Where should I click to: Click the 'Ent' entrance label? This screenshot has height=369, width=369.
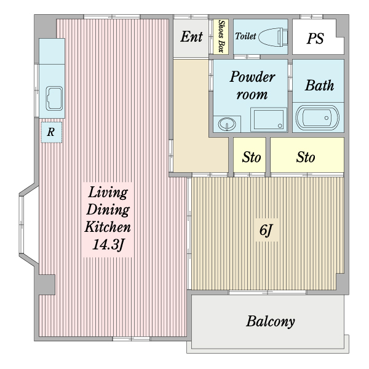[x=191, y=37]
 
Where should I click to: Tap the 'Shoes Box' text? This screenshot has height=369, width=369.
[x=221, y=36]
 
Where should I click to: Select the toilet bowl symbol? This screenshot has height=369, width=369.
[x=273, y=37]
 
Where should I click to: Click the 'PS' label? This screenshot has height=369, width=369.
[x=315, y=38]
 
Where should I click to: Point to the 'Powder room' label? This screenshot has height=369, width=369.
[x=252, y=85]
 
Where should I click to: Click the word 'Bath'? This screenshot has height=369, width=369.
[x=319, y=85]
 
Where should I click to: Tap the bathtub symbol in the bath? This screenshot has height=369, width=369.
[x=317, y=117]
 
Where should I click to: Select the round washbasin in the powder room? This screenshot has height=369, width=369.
[x=227, y=124]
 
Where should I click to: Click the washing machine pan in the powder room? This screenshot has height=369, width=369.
[x=269, y=119]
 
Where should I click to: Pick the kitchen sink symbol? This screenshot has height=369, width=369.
[x=54, y=98]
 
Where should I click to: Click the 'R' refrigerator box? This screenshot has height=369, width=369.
[x=52, y=132]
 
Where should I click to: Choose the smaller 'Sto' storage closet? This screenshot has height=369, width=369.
[x=250, y=155]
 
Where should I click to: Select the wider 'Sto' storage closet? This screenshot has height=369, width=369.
[x=307, y=155]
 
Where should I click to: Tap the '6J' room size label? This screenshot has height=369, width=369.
[x=266, y=230]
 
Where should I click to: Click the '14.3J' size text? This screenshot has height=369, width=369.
[x=108, y=245]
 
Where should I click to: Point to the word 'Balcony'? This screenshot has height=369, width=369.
[x=271, y=322]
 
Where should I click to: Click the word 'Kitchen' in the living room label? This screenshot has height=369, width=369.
[x=108, y=227]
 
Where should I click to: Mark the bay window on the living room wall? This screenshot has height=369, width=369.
[x=27, y=226]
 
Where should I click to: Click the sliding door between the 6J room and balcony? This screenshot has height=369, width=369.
[x=268, y=292]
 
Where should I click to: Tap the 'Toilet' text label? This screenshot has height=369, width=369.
[x=245, y=36]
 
